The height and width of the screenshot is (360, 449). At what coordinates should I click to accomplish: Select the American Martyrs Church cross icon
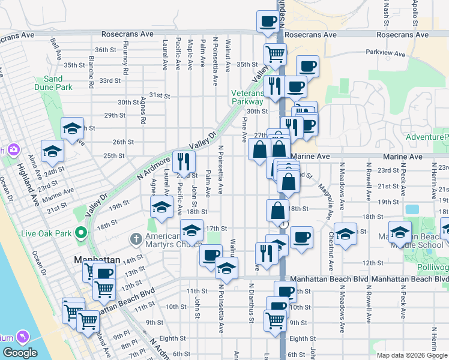pyautogui.click(x=137, y=239)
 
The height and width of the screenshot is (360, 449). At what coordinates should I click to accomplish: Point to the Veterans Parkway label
pyautogui.click(x=247, y=97)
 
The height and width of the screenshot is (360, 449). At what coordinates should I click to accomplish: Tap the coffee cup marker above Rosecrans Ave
pyautogui.click(x=268, y=22)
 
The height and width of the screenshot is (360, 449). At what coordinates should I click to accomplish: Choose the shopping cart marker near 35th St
pyautogui.click(x=275, y=53)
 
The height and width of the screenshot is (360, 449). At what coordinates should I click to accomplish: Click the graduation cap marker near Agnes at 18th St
pyautogui.click(x=161, y=207)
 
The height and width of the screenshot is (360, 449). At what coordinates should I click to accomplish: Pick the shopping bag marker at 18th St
pyautogui.click(x=277, y=211)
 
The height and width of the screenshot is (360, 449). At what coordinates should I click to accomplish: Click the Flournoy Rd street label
pyautogui.click(x=125, y=61)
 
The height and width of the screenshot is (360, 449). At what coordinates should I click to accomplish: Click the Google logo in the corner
pyautogui.click(x=20, y=353)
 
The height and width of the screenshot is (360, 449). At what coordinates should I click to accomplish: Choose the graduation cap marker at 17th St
pyautogui.click(x=191, y=230)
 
